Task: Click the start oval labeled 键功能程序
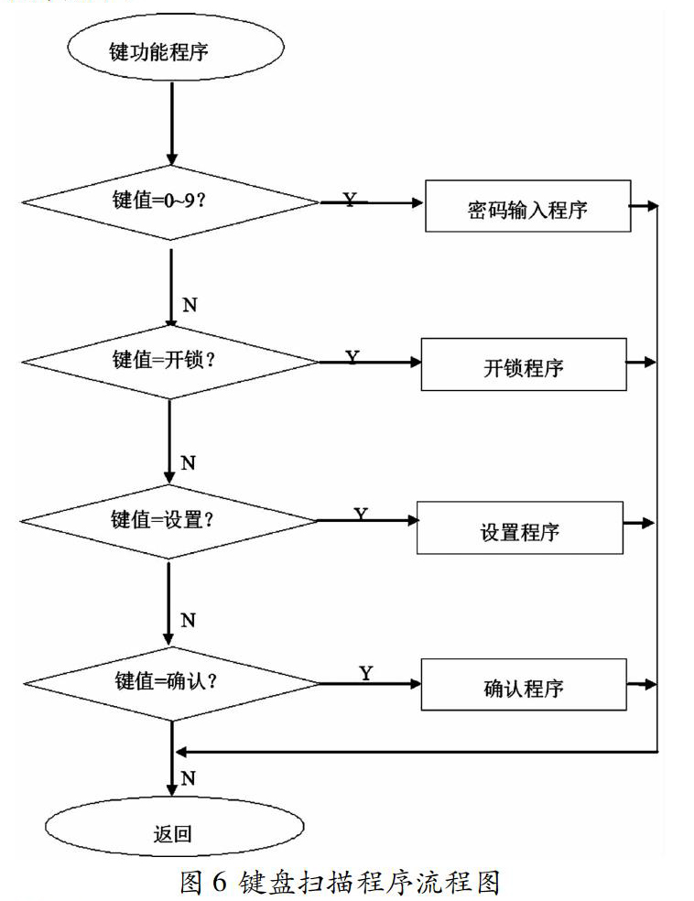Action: pos(176,48)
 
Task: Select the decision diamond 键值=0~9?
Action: pos(170,202)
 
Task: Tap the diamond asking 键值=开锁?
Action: pos(170,362)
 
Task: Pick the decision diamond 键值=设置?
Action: pos(168,521)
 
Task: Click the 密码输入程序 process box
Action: pos(528,206)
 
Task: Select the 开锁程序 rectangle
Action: pos(524,364)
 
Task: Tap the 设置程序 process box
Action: pos(520,527)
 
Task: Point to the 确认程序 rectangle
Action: pos(524,684)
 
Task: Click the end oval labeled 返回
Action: pos(175,827)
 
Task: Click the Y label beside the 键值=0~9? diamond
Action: pos(350,200)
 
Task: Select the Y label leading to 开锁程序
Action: pos(352,357)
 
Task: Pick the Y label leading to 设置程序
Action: pos(360,515)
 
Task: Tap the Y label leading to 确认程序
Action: pos(366,673)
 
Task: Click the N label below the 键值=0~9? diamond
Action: pos(190,305)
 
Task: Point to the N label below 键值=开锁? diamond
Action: pos(188,462)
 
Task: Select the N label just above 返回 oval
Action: pos(189,778)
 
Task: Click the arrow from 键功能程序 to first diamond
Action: pos(172,124)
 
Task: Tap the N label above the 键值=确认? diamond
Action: pos(188,621)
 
